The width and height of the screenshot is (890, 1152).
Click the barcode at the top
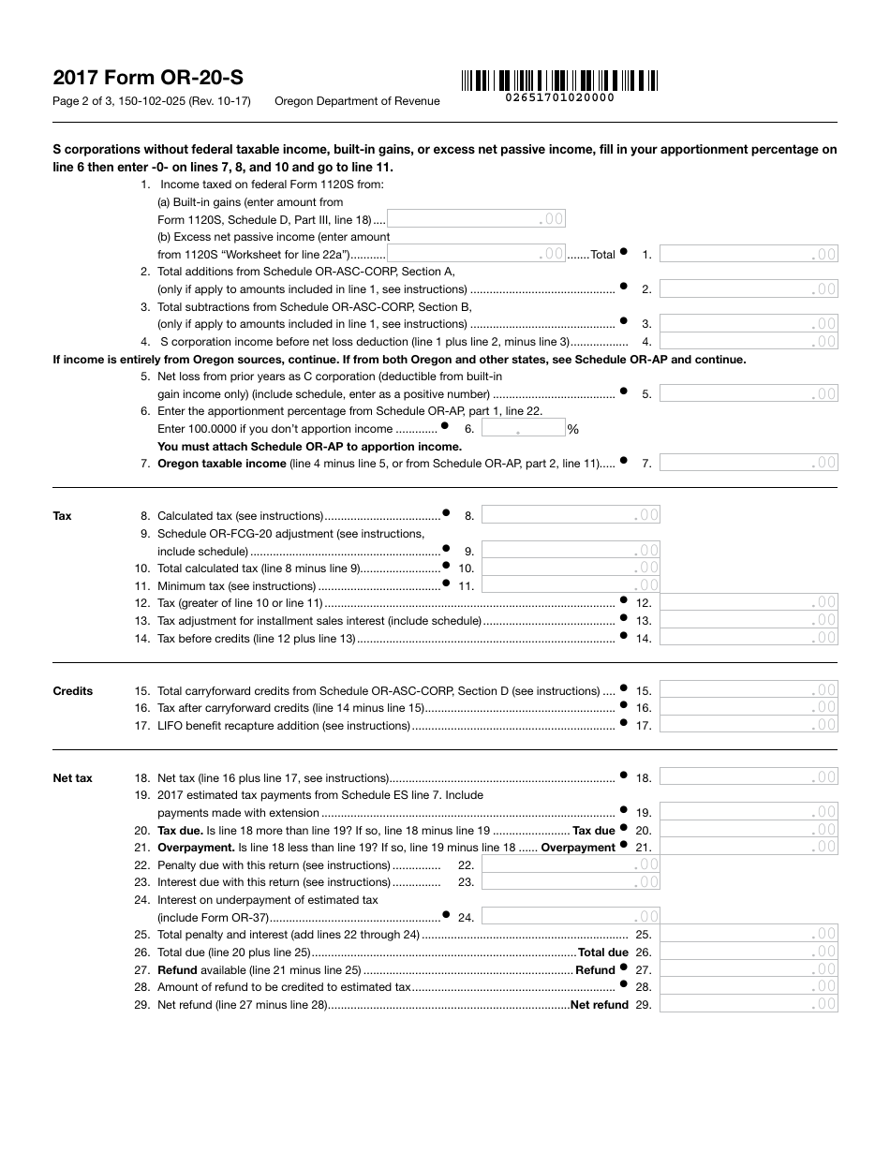coord(559,80)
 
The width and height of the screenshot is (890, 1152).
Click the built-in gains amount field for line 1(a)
coord(476,219)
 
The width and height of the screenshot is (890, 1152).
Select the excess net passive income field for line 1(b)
coord(476,254)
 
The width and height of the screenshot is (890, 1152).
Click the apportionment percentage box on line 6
coord(524,429)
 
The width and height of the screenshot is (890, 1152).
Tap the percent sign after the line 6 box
coord(573,430)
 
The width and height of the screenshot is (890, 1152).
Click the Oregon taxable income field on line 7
coord(749,463)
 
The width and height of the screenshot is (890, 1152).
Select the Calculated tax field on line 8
coord(571,515)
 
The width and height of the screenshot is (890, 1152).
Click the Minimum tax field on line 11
coord(571,585)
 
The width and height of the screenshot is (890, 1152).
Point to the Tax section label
coord(62,516)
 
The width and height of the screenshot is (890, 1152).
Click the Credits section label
coord(73,691)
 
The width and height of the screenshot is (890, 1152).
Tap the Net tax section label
coord(73,778)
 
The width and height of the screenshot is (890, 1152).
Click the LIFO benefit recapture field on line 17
coord(749,725)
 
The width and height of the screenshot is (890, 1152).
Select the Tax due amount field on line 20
coord(749,830)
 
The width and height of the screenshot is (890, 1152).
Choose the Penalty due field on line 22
coord(571,865)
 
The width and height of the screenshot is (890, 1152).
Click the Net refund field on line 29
coord(749,1004)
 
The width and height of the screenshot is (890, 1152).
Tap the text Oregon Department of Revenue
coord(357,101)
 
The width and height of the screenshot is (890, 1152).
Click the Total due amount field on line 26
coord(749,952)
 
